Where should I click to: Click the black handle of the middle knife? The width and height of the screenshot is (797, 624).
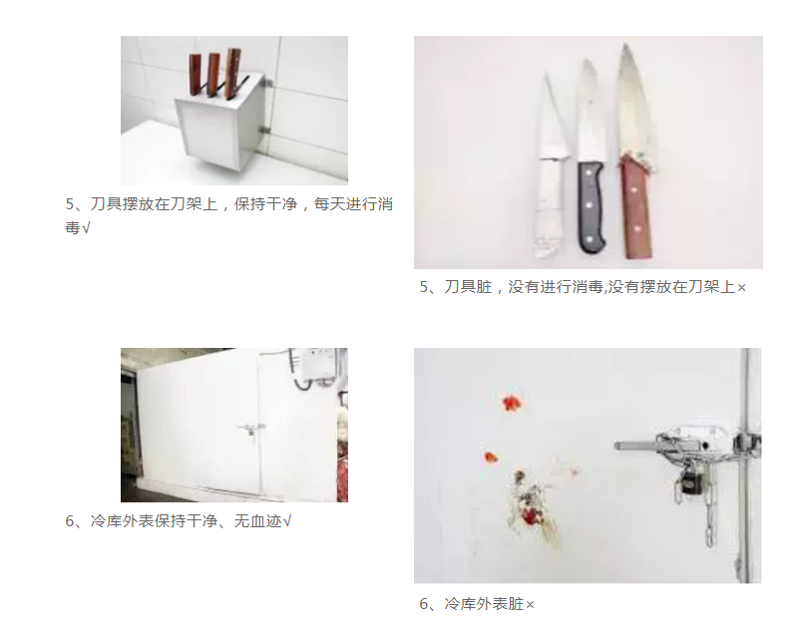click(x=592, y=207)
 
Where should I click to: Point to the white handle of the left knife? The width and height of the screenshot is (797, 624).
click(x=549, y=207)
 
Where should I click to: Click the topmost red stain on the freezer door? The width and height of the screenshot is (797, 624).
click(x=512, y=403)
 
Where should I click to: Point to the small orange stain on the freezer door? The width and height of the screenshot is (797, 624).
click(x=491, y=458)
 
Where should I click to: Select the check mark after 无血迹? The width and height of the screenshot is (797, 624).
click(x=286, y=521)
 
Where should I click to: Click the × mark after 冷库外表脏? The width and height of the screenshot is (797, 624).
click(x=530, y=605)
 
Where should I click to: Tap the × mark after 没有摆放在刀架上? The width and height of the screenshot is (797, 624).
click(x=741, y=288)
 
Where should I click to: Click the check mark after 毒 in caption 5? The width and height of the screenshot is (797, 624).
click(x=86, y=228)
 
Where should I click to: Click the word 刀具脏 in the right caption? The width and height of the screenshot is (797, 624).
click(x=468, y=287)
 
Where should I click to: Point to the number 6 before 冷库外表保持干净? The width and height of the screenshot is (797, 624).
click(x=70, y=521)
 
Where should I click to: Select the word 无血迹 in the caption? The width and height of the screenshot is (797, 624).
click(x=257, y=521)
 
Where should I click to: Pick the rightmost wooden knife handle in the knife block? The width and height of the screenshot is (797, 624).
click(x=232, y=73)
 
